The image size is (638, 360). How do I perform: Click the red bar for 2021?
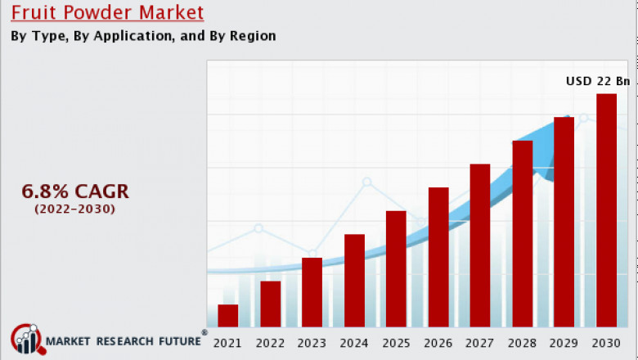228,316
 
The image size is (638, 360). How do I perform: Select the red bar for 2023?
312,292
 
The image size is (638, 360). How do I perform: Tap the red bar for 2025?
396,269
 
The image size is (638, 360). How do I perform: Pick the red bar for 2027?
480,245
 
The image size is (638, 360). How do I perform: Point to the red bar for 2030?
606,210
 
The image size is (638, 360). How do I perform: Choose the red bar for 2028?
522,234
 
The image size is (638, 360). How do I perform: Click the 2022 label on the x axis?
270,343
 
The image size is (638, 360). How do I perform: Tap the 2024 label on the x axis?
354,343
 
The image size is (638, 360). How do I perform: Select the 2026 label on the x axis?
438,343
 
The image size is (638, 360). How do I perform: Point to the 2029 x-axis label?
564,343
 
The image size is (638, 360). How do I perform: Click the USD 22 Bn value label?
599,81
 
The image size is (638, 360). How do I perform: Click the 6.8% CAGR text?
75,191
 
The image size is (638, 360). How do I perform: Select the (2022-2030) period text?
75,209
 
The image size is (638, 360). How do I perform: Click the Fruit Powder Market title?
107,13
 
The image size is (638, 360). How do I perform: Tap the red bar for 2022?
270,304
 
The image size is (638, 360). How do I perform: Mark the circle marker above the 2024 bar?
366,182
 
